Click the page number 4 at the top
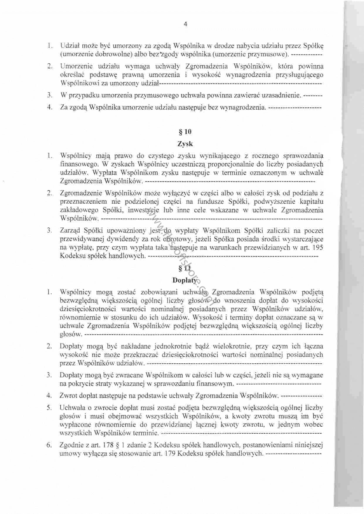(185, 24)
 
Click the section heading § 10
(185, 132)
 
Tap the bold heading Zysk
(185, 144)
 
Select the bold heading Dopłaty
(184, 280)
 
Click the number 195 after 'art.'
(318, 248)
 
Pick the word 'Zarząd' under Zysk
(70, 231)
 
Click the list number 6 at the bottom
(49, 445)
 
